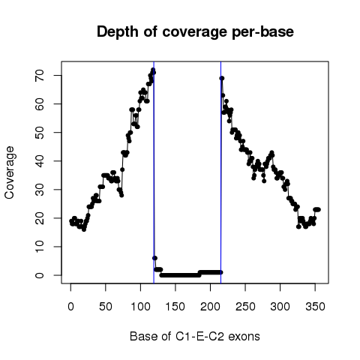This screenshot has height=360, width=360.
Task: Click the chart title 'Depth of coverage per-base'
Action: click(195, 32)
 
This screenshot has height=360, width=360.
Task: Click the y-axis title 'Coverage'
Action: click(9, 172)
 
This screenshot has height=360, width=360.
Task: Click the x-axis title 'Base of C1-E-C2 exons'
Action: click(195, 336)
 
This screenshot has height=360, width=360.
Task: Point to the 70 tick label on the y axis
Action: click(40, 75)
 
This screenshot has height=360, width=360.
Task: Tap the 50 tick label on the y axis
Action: click(40, 133)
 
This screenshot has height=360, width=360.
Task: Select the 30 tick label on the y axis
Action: click(40, 190)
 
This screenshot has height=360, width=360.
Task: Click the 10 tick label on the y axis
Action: click(40, 247)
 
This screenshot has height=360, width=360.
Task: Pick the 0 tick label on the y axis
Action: click(40, 275)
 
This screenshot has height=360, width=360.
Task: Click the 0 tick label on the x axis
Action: click(70, 307)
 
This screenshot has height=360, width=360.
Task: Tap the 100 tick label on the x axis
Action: click(140, 307)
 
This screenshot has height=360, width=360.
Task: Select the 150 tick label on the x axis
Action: click(175, 307)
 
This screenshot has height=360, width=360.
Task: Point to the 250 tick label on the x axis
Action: click(245, 307)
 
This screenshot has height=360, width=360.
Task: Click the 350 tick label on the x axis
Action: click(315, 307)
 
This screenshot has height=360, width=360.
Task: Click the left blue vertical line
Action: click(154, 172)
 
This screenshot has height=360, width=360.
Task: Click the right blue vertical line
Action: click(220, 172)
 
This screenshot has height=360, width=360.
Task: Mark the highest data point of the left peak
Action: click(153, 70)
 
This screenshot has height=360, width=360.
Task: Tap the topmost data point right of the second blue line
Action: click(222, 78)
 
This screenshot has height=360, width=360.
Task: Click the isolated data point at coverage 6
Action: click(154, 258)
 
